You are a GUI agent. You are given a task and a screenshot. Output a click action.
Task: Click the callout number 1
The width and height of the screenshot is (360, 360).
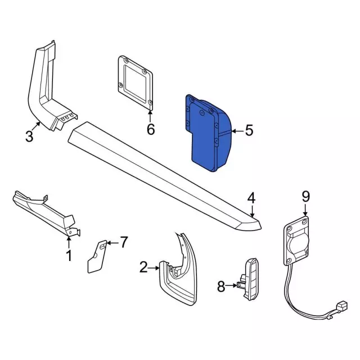[69, 256]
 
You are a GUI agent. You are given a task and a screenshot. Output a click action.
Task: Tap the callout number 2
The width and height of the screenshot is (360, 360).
[143, 267]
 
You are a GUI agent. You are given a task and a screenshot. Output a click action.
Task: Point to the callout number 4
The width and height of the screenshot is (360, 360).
[251, 197]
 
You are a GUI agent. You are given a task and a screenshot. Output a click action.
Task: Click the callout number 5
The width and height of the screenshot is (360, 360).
[249, 130]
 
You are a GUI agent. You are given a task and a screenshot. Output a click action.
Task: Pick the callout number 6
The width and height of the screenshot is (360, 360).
[151, 129]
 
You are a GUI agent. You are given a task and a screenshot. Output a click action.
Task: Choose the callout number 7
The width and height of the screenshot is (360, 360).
[124, 242]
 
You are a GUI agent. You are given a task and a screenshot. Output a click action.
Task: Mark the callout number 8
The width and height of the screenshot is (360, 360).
[221, 287]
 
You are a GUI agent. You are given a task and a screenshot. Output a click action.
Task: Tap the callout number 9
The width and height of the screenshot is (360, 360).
[305, 196]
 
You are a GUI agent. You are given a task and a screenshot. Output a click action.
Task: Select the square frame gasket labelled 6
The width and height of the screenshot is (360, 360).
[136, 80]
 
